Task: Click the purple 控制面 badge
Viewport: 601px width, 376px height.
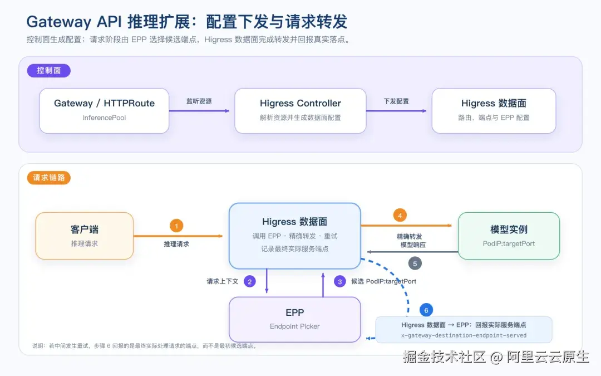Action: point(48,71)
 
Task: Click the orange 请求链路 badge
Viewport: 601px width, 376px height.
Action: point(48,178)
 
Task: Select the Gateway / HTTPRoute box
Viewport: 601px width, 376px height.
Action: point(104,111)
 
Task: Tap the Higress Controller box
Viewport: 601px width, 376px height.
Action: point(300,111)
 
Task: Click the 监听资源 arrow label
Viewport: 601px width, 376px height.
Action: point(199,101)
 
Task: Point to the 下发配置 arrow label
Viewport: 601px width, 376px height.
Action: point(396,101)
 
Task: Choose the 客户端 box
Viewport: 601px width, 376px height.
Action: point(85,236)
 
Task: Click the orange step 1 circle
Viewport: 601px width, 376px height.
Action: point(176,226)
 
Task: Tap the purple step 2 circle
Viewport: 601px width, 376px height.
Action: point(249,282)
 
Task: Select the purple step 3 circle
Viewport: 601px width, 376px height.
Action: point(339,282)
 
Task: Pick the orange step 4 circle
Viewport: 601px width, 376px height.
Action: point(400,216)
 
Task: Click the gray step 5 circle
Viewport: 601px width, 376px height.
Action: point(415,264)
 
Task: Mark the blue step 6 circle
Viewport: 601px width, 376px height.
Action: point(426,310)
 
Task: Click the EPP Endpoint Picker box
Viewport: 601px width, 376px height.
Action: point(295,320)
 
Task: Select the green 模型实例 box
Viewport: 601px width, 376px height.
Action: point(509,236)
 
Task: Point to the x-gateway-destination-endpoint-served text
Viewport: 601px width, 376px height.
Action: point(464,335)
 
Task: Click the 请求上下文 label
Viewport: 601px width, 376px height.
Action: point(223,282)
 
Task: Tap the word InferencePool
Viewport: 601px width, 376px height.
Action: point(104,118)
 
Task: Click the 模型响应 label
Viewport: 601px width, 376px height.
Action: point(413,245)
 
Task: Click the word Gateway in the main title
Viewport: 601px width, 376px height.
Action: point(58,22)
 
